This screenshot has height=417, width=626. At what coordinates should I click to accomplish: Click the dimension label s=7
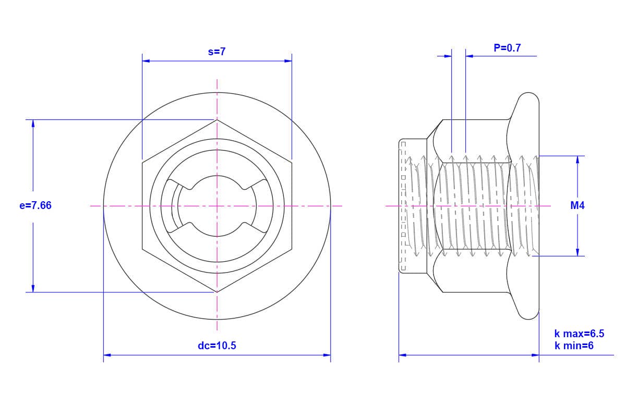(216, 52)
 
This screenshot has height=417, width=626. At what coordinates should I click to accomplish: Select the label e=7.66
(35, 205)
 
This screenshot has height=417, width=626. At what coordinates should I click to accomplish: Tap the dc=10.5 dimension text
(217, 346)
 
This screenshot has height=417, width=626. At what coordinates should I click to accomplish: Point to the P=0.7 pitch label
(507, 48)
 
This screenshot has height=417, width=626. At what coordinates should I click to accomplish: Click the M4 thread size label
(577, 205)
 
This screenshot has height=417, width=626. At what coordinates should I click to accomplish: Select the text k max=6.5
(580, 334)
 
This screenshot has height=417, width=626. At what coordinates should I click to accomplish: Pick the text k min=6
(574, 346)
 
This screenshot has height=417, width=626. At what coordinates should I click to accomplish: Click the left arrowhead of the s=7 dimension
(146, 61)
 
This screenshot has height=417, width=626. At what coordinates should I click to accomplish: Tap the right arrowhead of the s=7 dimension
(288, 61)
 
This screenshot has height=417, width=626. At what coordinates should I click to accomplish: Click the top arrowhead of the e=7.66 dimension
(33, 124)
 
